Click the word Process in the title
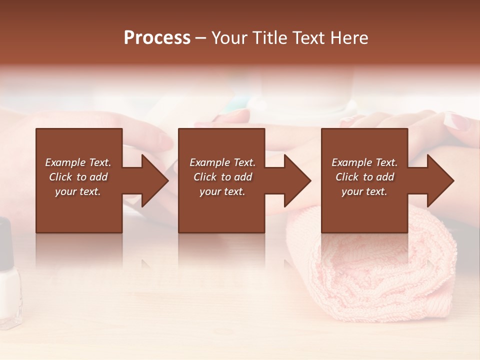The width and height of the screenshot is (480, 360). click(157, 38)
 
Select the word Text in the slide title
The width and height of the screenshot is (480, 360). click(308, 38)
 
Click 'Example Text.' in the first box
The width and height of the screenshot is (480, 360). click(78, 162)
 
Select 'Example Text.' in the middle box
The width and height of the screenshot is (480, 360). click(222, 162)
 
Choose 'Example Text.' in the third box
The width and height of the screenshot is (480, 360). click(364, 162)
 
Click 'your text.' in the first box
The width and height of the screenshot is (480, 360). click(78, 191)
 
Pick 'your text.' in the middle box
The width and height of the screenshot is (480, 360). click(222, 191)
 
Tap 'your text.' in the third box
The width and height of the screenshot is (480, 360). click(364, 191)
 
